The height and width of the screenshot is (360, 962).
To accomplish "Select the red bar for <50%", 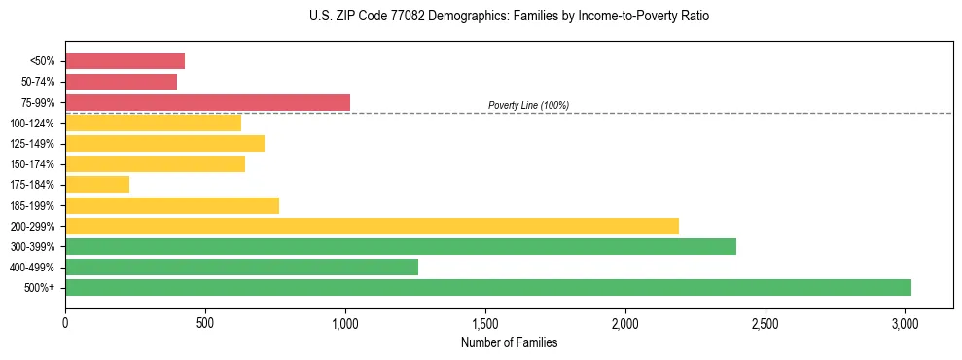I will click(125, 61).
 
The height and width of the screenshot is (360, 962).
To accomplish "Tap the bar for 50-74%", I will click(121, 82).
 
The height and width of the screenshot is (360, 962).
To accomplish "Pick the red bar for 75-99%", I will click(207, 102).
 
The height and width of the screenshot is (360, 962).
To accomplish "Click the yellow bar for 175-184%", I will click(97, 185).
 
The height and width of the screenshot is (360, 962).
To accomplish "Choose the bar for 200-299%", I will click(372, 226).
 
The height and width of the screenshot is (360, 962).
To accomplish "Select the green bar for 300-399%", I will click(401, 246).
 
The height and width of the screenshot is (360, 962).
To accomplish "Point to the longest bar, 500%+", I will click(488, 287).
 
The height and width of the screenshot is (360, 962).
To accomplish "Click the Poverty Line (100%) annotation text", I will click(528, 105).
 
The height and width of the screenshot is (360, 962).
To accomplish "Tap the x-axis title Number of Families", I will click(509, 342).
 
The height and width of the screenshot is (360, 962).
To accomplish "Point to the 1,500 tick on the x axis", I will click(485, 322).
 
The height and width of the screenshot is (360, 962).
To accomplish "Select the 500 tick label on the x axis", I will click(205, 322).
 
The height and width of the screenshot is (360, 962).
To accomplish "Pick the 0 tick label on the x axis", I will click(65, 322).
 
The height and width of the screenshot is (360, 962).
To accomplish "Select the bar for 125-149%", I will click(164, 144).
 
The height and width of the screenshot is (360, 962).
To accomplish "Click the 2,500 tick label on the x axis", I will click(766, 322).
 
